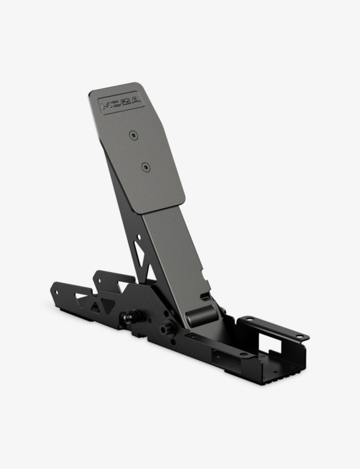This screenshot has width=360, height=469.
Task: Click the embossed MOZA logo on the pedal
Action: point(121,103)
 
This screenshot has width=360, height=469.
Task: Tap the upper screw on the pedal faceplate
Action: point(134,135)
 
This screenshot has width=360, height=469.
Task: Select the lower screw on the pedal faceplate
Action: point(146,168)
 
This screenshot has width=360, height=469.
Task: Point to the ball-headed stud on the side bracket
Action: point(130,317)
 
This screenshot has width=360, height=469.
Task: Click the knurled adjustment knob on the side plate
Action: point(167,328)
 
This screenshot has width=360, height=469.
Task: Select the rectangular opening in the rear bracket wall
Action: point(270,344)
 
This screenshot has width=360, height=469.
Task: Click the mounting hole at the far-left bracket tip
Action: point(56,292)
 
